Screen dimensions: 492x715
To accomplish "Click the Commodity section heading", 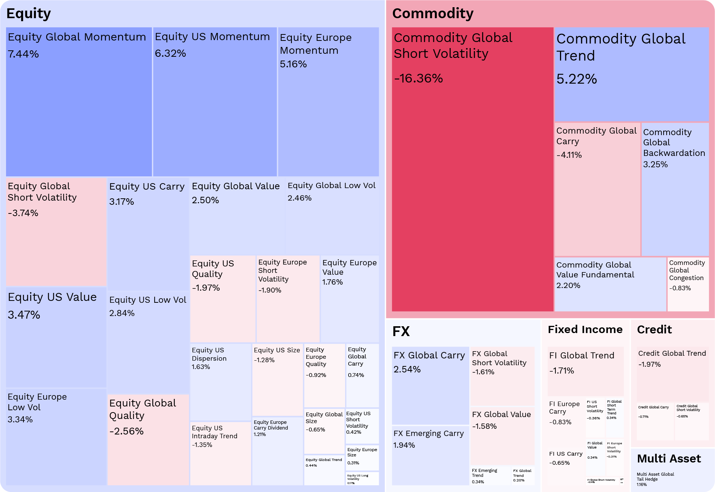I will tap(433, 14).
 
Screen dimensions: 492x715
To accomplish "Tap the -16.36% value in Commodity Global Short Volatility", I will tap(418, 78).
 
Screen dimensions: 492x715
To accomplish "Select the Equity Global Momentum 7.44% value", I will tap(23, 54).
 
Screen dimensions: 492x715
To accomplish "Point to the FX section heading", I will tap(401, 332).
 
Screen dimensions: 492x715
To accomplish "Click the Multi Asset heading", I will tap(668, 459).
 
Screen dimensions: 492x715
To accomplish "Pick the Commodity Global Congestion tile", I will tap(688, 284).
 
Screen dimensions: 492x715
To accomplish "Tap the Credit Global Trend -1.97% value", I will tap(650, 364).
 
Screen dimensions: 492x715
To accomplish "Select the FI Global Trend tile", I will tap(585, 371).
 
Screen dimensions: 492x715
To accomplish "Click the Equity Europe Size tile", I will tap(362, 457).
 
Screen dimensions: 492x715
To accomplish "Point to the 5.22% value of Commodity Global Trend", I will tap(577, 79).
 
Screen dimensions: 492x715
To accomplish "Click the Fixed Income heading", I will tap(585, 330).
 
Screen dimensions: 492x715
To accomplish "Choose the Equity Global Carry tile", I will tap(362, 375).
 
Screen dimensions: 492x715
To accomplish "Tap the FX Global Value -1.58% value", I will tap(484, 426).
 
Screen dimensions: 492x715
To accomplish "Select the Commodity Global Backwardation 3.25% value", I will tap(655, 165).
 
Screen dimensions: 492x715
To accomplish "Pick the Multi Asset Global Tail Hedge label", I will tap(655, 476).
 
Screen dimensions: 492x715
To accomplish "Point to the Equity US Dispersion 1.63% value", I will tap(201, 367).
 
